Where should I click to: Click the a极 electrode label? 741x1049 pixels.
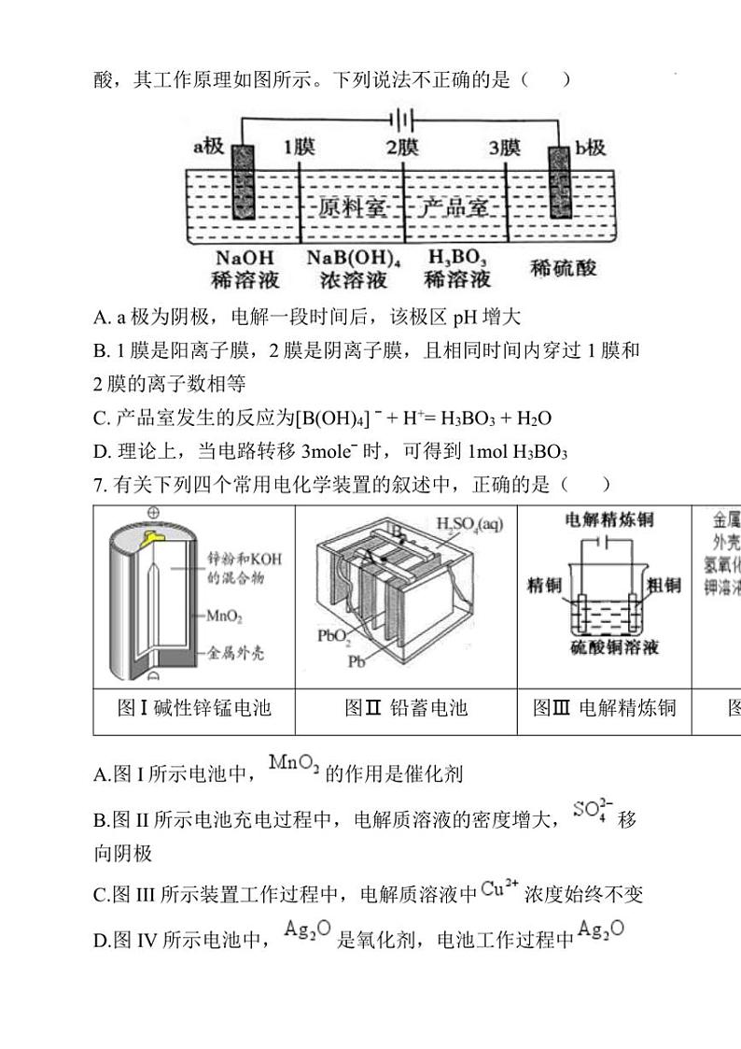click(209, 147)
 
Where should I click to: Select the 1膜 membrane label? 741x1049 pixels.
click(300, 147)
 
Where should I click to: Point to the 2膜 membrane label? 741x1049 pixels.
click(403, 147)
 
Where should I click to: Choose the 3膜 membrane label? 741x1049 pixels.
click(505, 147)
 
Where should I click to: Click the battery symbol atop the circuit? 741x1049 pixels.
click(402, 120)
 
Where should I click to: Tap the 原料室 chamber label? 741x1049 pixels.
click(352, 206)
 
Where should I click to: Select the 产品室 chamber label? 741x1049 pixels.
click(453, 206)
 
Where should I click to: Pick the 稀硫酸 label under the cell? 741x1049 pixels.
click(564, 268)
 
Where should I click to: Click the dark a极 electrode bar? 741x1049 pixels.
click(243, 183)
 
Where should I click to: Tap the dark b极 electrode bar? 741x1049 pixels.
click(560, 183)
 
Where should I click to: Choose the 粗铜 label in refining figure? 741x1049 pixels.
click(664, 585)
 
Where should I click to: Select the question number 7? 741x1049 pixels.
click(99, 484)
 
